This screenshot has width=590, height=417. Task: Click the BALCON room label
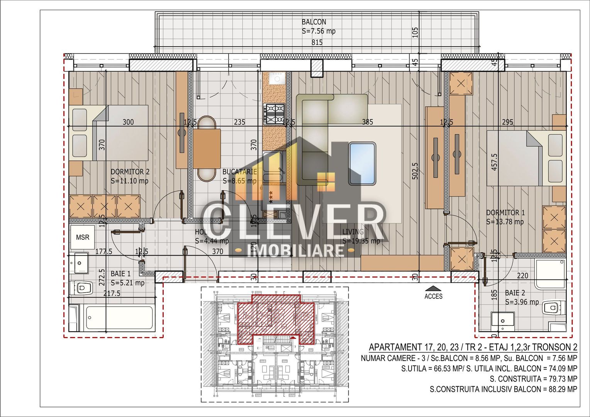click(x=314, y=22)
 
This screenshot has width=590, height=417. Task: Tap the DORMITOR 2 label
click(x=130, y=172)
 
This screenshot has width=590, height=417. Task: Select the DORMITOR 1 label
click(x=505, y=213)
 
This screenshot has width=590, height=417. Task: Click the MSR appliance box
click(x=82, y=237)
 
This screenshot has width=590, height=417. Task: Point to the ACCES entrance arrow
click(x=433, y=288)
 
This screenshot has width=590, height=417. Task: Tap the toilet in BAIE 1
click(x=83, y=288)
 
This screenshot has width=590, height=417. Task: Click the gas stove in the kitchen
click(x=274, y=114)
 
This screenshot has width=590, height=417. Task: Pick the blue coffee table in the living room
click(x=362, y=163)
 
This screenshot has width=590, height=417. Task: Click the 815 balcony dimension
click(x=317, y=43)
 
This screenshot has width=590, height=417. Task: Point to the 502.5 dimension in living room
click(x=415, y=170)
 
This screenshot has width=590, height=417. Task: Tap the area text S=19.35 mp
click(x=361, y=241)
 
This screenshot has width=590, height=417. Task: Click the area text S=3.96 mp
click(x=522, y=302)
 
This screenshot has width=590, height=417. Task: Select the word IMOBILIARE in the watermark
click(x=295, y=251)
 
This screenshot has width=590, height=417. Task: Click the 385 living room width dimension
click(x=367, y=122)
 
